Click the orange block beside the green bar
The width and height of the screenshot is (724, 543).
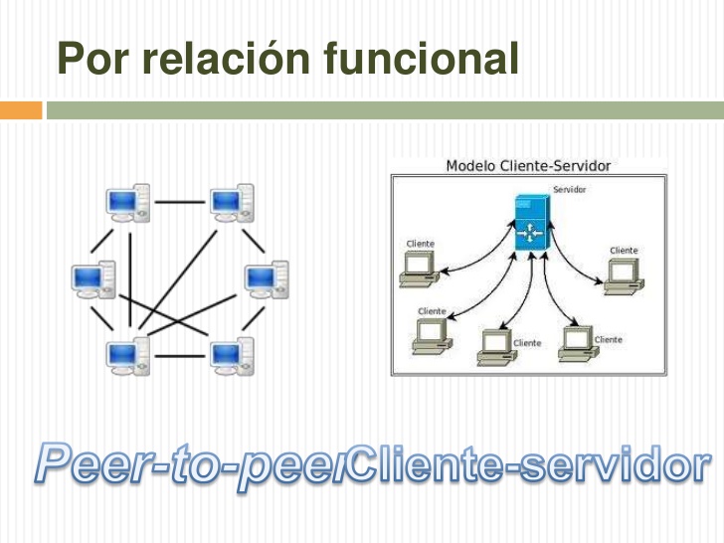[21, 109]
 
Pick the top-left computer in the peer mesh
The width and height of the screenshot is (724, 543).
[128, 203]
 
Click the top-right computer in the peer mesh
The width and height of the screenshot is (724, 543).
[232, 203]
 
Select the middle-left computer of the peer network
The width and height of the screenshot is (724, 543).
[93, 279]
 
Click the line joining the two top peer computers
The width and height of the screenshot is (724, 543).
[179, 203]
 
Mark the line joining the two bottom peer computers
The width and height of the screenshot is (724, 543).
[179, 355]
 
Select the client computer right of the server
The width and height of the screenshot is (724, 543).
[623, 274]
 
